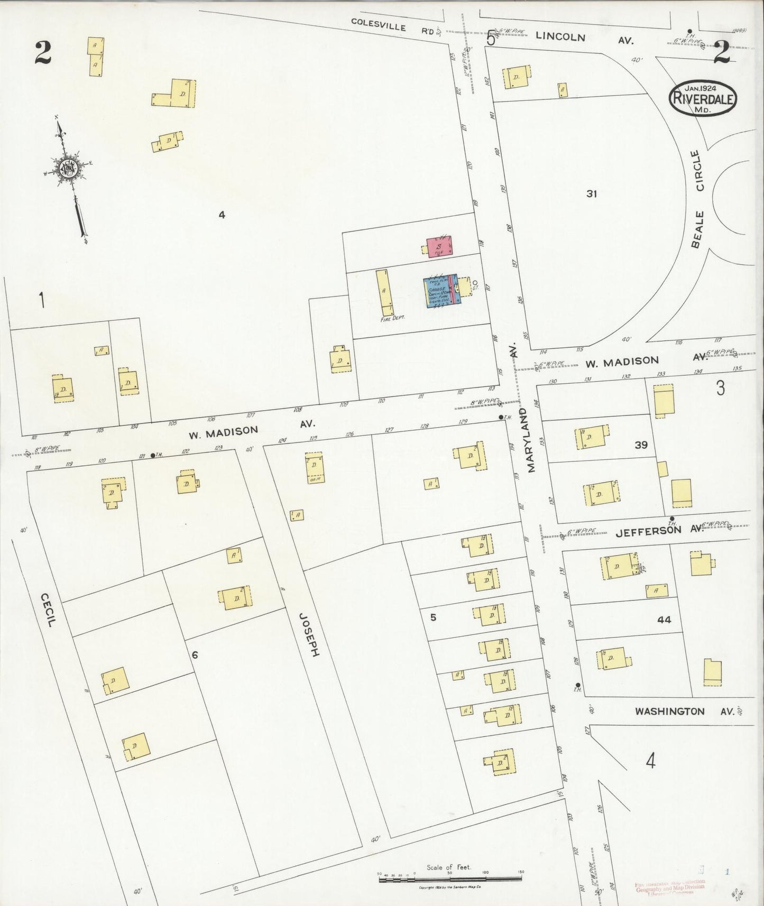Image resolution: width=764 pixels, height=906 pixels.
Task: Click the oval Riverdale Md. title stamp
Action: click(x=703, y=98)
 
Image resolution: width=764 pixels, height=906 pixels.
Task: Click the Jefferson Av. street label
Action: click(x=659, y=531)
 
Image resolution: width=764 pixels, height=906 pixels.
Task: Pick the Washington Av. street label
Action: click(x=684, y=711)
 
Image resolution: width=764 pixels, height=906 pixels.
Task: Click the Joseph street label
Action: click(x=309, y=635)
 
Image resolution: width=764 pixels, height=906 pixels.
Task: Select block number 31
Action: click(x=591, y=194)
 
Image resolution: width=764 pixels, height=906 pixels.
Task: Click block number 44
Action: click(x=664, y=619)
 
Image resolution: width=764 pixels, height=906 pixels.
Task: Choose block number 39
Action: click(x=641, y=445)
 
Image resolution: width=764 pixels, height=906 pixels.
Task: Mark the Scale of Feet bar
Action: click(x=450, y=878)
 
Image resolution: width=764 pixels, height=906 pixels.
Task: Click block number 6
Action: click(x=195, y=655)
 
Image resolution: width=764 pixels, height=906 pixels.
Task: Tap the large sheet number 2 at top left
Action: click(x=43, y=52)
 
